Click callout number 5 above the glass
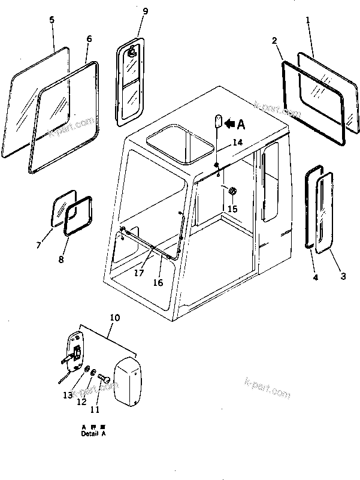tap(52, 20)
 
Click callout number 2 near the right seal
tap(274, 41)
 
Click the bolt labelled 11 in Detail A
tap(103, 378)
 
